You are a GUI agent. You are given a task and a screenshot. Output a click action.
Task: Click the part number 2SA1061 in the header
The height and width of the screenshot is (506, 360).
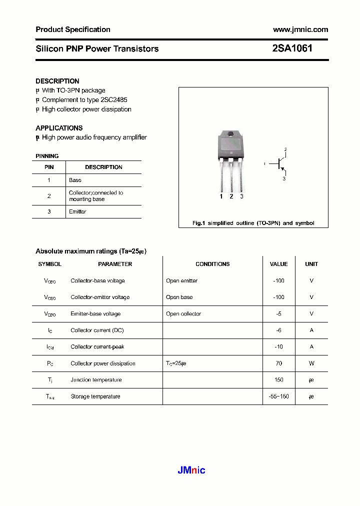[292, 48]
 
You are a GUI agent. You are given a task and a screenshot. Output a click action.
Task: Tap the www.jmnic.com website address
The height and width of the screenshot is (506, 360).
[300, 29]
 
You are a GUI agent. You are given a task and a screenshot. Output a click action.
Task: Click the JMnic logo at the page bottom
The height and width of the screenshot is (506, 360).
[191, 470]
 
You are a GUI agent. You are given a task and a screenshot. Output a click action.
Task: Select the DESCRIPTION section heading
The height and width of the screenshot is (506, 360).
[57, 81]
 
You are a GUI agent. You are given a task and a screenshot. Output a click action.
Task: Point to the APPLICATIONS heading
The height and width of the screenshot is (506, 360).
[59, 128]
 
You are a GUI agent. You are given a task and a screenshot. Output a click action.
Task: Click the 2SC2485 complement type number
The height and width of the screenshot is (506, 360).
[114, 100]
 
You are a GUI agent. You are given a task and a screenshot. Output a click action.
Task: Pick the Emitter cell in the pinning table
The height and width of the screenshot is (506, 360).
[77, 211]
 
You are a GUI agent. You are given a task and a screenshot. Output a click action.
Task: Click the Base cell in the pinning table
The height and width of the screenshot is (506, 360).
[75, 180]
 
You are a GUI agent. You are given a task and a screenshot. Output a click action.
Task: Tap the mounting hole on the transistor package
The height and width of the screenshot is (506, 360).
[231, 134]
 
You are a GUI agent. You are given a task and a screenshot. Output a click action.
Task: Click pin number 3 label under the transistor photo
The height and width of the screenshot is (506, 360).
[241, 196]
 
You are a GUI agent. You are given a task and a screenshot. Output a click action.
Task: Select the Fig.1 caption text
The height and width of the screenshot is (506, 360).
[253, 223]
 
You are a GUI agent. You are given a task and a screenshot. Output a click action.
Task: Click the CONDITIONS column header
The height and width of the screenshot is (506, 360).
[212, 264]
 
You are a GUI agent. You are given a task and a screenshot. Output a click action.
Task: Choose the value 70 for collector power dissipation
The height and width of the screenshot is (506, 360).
[278, 363]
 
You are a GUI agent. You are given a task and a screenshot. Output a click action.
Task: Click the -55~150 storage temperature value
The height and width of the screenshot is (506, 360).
[278, 396]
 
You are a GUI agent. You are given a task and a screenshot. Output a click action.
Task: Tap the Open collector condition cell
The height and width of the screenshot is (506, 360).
[183, 314]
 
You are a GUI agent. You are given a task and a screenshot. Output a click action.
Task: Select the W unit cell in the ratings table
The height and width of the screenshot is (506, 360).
[311, 363]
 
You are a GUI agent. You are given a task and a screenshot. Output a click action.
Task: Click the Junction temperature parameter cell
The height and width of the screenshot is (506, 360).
[96, 380]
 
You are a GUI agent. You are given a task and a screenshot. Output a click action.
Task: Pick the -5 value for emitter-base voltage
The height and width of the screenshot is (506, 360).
[278, 314]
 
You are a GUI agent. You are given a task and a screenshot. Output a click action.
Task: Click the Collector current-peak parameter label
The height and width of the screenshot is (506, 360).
[97, 347]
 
